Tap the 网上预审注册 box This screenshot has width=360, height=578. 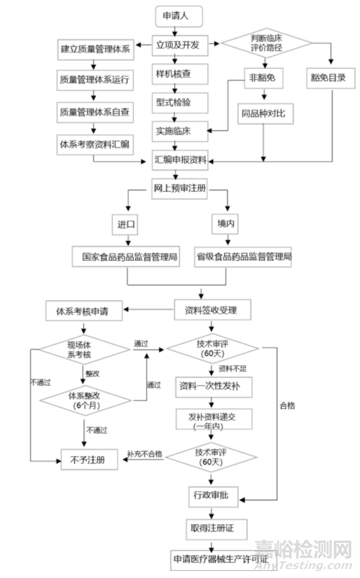(181, 188)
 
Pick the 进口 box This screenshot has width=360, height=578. (127, 225)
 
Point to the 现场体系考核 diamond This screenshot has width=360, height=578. (85, 350)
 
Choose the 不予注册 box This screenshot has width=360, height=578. (88, 459)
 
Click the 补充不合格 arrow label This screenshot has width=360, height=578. (144, 454)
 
